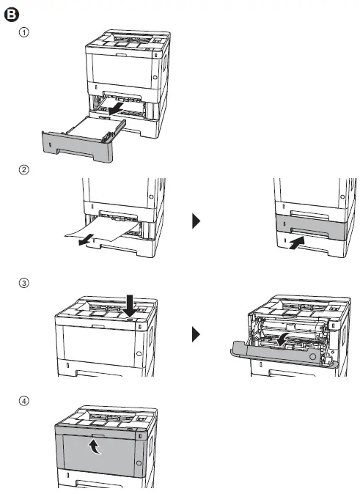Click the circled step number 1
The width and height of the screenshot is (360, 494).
(25, 34)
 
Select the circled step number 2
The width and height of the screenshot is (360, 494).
(25, 169)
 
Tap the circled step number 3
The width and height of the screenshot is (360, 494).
(25, 283)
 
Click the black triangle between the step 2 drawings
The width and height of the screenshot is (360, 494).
(196, 221)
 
